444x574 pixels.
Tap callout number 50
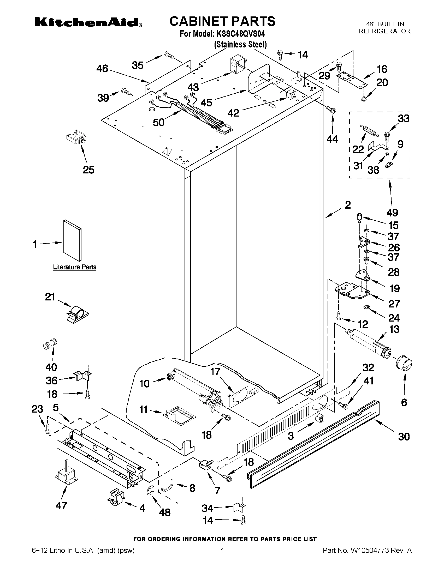(159, 122)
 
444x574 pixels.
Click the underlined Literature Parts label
(75, 267)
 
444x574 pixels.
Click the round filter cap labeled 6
(404, 364)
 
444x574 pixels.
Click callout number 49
(392, 212)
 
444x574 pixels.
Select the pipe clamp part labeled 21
(77, 313)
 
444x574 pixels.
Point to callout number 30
(404, 437)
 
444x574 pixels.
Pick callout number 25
(89, 170)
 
